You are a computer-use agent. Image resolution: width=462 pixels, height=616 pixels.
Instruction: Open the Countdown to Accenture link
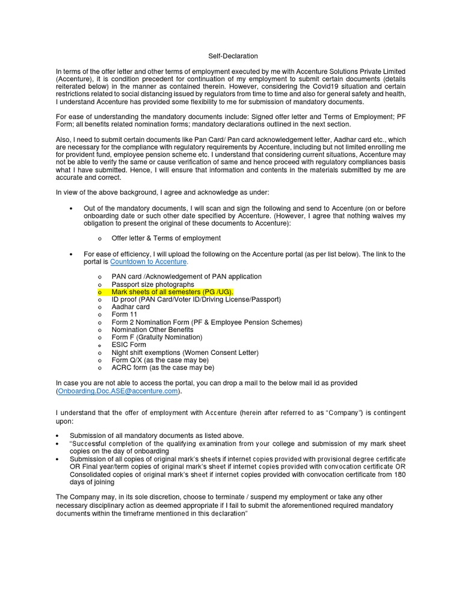(x=149, y=262)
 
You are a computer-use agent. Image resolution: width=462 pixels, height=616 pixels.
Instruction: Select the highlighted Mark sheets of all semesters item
(x=172, y=292)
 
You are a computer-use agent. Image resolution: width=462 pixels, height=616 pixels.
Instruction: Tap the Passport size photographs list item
(x=153, y=284)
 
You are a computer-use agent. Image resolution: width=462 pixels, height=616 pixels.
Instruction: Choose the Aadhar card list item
(x=131, y=307)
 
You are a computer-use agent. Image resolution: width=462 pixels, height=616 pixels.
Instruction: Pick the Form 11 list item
(x=125, y=315)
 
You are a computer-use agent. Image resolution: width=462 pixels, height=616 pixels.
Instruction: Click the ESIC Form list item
(x=129, y=345)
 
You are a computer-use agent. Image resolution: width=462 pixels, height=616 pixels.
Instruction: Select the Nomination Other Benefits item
(x=153, y=330)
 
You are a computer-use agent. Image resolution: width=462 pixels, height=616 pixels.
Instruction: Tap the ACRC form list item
(x=162, y=368)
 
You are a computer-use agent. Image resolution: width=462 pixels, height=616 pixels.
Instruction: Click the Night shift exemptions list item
(x=185, y=353)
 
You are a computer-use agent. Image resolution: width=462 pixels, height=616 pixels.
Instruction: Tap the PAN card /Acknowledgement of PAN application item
(x=186, y=276)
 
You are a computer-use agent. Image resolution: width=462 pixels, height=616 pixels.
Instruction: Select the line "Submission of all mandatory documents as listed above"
(x=157, y=436)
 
